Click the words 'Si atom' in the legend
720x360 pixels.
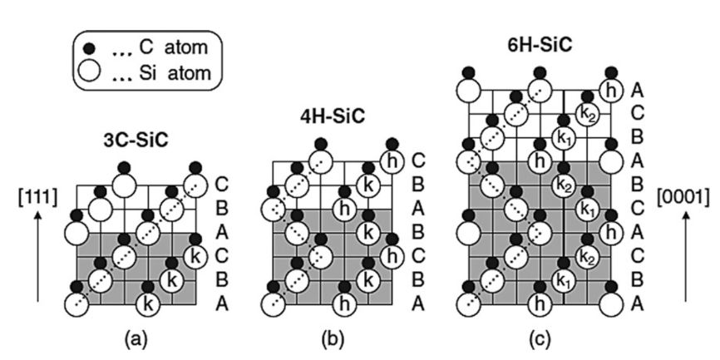(x=174, y=72)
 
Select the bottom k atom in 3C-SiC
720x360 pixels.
(x=148, y=303)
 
